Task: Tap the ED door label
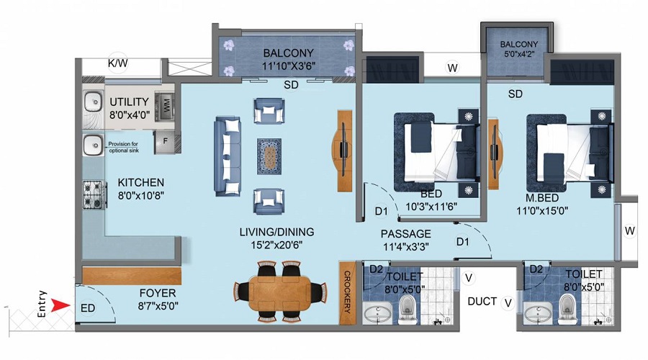86,307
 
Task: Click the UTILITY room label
129,102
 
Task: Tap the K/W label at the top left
117,63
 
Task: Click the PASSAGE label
405,233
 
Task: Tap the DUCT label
482,301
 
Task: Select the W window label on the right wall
629,231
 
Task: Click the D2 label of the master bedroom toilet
536,269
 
